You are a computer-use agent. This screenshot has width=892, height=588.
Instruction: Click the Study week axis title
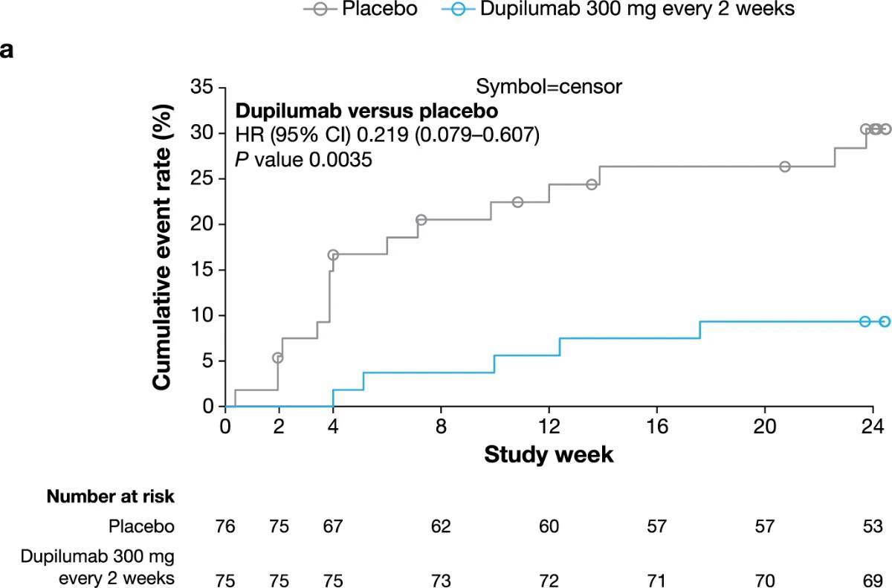[x=549, y=453]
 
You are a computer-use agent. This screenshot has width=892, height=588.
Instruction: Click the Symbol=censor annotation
[x=549, y=87]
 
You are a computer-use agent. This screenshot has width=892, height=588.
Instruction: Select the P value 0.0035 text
[x=303, y=160]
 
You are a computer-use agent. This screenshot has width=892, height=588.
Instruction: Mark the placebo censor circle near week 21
[x=785, y=167]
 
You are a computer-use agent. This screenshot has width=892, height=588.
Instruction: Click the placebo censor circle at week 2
[x=278, y=358]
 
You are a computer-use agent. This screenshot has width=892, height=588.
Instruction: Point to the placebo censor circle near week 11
[x=518, y=202]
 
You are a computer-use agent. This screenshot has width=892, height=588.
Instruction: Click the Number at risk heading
[x=110, y=496]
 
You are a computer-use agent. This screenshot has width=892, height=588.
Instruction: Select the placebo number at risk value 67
[x=332, y=526]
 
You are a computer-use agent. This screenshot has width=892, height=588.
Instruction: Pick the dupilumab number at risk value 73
[x=441, y=580]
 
